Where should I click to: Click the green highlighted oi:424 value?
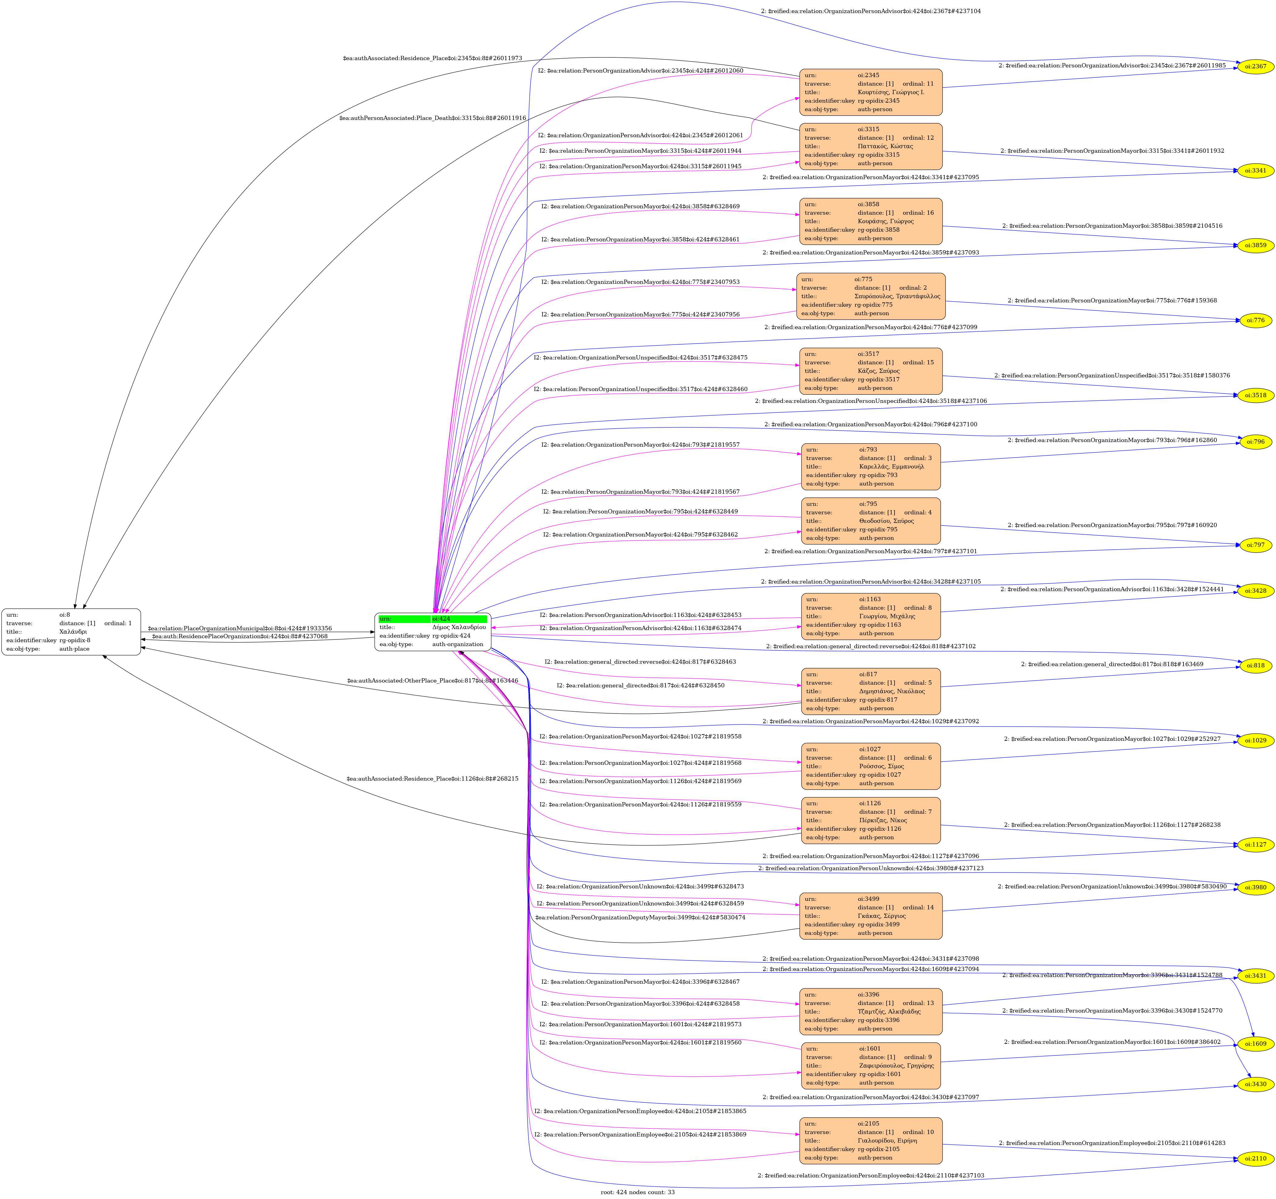coord(459,618)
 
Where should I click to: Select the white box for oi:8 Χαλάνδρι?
coord(71,632)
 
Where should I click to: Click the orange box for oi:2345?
coord(870,92)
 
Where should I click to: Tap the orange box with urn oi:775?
coord(870,296)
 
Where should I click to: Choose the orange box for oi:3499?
coord(870,916)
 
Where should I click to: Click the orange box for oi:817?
coord(870,691)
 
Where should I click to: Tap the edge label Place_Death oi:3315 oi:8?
coord(433,118)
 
